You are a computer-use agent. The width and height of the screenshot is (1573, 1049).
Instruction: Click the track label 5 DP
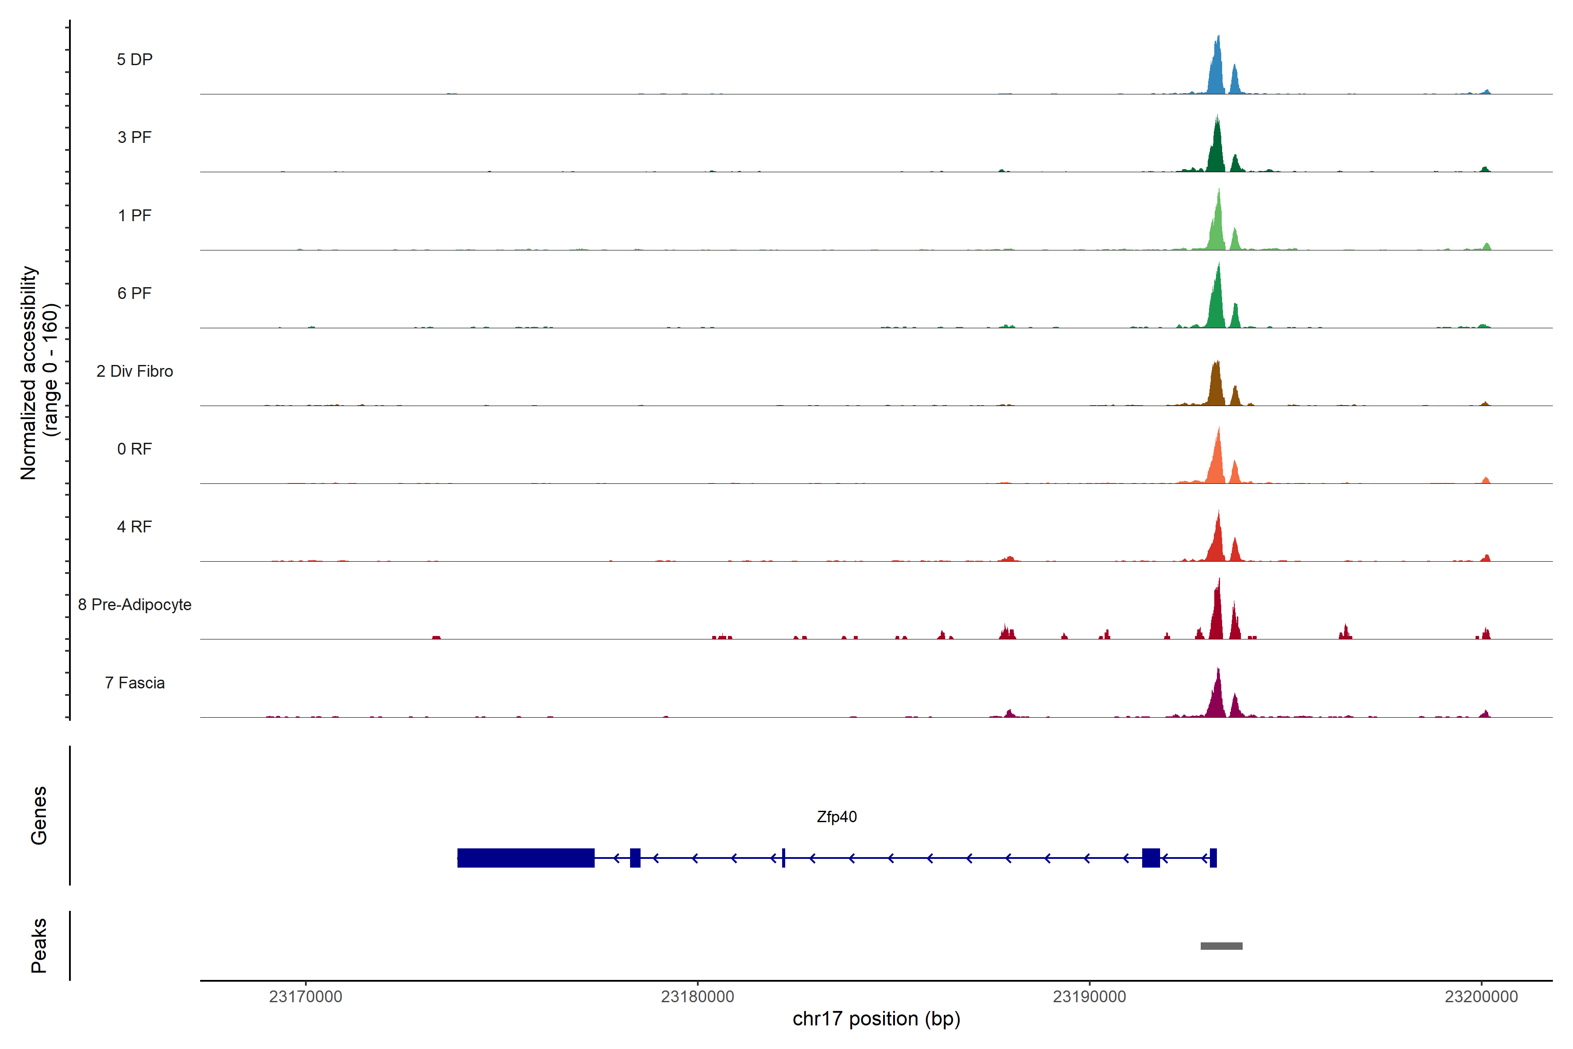(x=135, y=59)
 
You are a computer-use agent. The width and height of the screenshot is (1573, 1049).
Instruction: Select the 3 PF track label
(x=135, y=137)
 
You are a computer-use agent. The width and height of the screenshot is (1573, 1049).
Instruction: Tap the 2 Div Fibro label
(x=135, y=371)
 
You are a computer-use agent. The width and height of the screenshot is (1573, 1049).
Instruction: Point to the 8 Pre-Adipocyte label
(x=135, y=605)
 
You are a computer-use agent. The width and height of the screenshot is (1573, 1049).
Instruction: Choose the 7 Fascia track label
(x=135, y=683)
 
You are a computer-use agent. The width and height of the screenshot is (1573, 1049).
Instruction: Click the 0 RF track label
(x=135, y=449)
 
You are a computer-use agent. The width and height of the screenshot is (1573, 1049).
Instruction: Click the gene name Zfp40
(x=837, y=817)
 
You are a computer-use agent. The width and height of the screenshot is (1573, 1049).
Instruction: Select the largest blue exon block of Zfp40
(x=526, y=858)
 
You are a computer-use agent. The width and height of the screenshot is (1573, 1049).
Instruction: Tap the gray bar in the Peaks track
(x=1221, y=946)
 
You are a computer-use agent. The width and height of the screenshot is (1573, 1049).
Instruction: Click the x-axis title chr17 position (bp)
(x=876, y=1019)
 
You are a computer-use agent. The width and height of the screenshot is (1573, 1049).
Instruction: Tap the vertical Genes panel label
(x=39, y=816)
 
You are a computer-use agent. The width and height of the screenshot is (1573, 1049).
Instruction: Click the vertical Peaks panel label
(x=39, y=945)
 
